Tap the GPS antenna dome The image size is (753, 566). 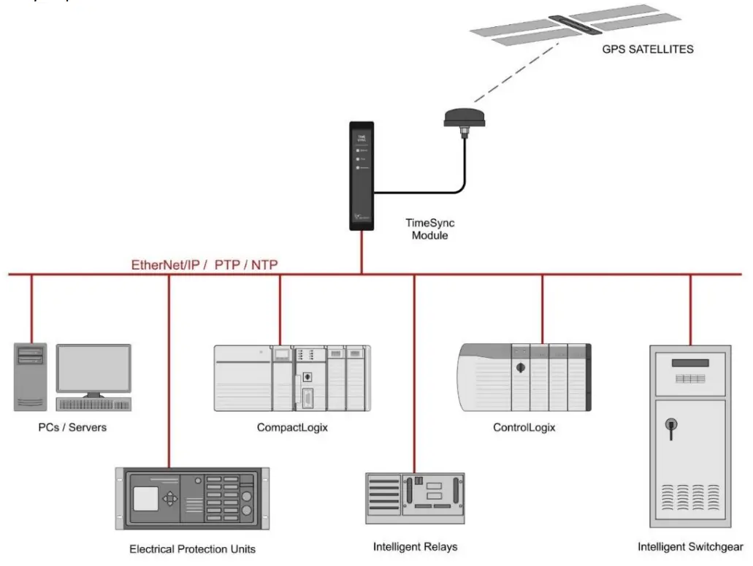click(x=463, y=117)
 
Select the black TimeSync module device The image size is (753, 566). click(x=362, y=176)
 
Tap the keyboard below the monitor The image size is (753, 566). click(x=94, y=404)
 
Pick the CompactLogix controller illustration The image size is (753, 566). click(x=292, y=377)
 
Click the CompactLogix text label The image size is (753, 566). click(x=292, y=428)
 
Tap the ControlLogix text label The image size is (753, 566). click(x=524, y=428)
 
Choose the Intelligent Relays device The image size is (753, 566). click(x=415, y=499)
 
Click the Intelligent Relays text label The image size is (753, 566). click(x=415, y=546)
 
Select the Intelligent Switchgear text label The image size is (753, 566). click(x=690, y=546)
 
